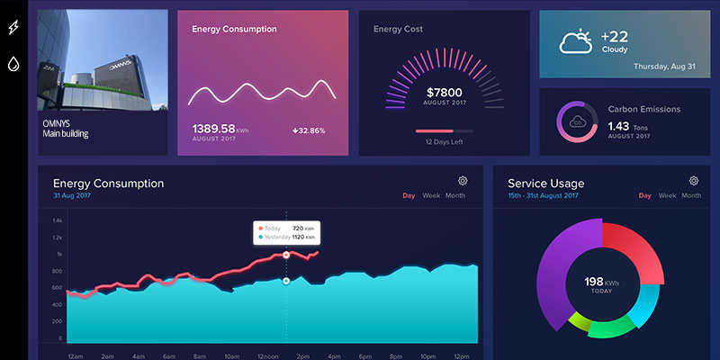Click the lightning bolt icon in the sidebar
(13, 28)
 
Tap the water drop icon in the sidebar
(13, 64)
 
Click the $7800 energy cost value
(443, 93)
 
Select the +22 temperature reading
(615, 36)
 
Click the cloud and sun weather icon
(575, 41)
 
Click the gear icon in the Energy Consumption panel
(463, 181)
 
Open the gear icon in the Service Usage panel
(693, 181)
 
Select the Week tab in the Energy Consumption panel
(431, 195)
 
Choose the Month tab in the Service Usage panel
(691, 195)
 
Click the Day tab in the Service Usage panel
(644, 195)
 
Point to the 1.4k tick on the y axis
(57, 220)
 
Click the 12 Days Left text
(443, 142)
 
